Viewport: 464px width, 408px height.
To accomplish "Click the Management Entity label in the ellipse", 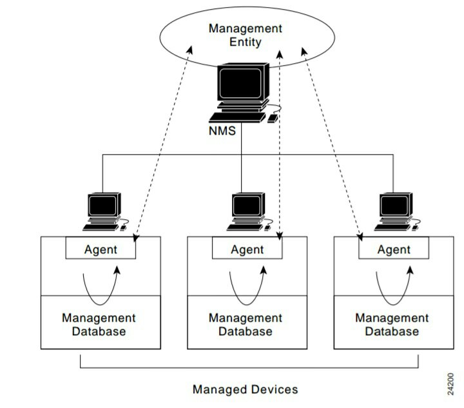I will pyautogui.click(x=245, y=35).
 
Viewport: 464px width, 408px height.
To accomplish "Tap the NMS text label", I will pyautogui.click(x=222, y=130).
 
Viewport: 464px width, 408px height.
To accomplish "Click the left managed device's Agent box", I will pyautogui.click(x=101, y=249).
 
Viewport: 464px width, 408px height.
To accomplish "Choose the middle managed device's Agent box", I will pyautogui.click(x=247, y=249).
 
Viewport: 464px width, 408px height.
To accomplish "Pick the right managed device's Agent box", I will pyautogui.click(x=394, y=249).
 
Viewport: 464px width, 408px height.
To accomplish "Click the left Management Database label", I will pyautogui.click(x=99, y=325).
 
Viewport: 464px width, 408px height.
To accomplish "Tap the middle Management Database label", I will pyautogui.click(x=246, y=325).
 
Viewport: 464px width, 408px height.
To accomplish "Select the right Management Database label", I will pyautogui.click(x=392, y=325).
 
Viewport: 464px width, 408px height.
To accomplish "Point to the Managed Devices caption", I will pyautogui.click(x=245, y=389).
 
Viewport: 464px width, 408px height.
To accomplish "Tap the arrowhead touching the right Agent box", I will pyautogui.click(x=360, y=239).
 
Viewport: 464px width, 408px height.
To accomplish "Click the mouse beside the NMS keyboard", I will pyautogui.click(x=273, y=118).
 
